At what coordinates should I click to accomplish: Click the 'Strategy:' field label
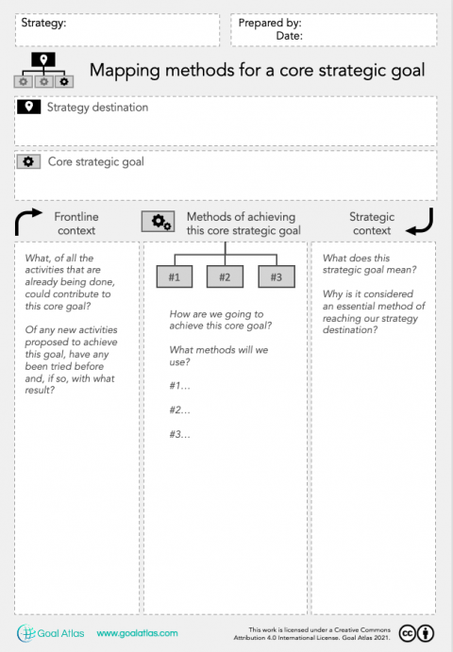click(43, 23)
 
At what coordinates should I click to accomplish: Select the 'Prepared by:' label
click(270, 23)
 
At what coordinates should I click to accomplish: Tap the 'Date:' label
click(289, 36)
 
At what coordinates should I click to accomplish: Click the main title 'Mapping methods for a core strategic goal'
click(256, 70)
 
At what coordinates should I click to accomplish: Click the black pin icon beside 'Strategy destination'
click(28, 108)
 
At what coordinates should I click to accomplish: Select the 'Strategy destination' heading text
click(97, 108)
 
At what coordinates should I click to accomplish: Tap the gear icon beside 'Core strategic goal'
click(28, 161)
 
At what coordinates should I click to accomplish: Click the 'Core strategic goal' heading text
click(95, 161)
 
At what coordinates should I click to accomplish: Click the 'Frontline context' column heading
click(75, 224)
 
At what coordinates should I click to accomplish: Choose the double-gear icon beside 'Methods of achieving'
click(157, 222)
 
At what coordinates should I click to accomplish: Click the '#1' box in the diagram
click(174, 276)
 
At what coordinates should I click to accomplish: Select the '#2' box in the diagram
click(225, 276)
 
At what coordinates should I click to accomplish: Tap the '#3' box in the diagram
click(276, 276)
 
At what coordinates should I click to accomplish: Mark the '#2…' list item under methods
click(180, 410)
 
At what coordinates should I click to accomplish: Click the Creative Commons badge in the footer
click(417, 633)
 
